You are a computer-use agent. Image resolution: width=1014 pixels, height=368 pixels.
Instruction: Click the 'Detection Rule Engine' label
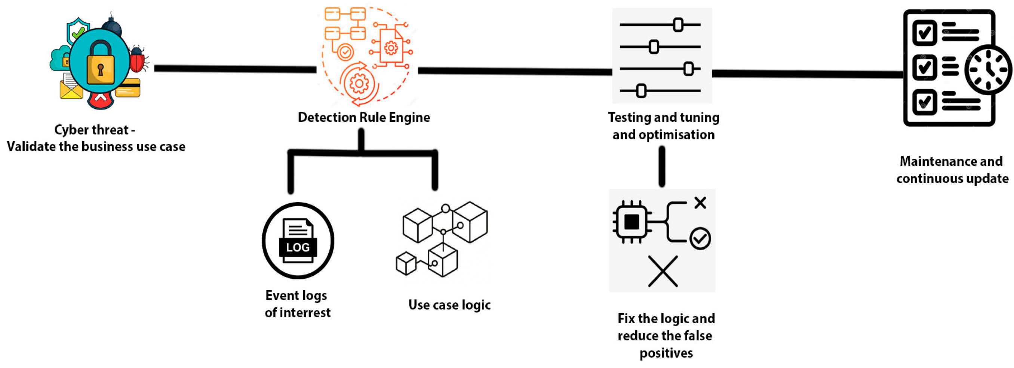tap(364, 117)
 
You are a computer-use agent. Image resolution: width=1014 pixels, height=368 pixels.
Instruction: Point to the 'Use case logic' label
tap(449, 305)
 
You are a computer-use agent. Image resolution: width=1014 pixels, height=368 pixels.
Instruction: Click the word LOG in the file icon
tap(298, 247)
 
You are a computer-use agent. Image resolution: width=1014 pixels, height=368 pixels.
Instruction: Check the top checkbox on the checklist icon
tap(924, 33)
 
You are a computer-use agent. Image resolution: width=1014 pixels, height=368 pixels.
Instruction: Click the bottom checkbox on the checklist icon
tap(924, 102)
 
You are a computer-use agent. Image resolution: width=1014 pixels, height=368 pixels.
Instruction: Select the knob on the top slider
tap(678, 25)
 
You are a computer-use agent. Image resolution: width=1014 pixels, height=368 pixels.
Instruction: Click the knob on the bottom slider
tap(641, 91)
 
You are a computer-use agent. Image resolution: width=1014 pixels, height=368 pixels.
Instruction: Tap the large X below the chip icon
tap(663, 271)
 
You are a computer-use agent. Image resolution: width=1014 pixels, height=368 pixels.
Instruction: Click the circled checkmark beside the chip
tap(700, 238)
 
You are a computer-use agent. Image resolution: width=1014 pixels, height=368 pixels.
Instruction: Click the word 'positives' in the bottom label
tap(666, 353)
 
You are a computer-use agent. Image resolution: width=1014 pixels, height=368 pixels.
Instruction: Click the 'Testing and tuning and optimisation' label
tap(664, 126)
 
